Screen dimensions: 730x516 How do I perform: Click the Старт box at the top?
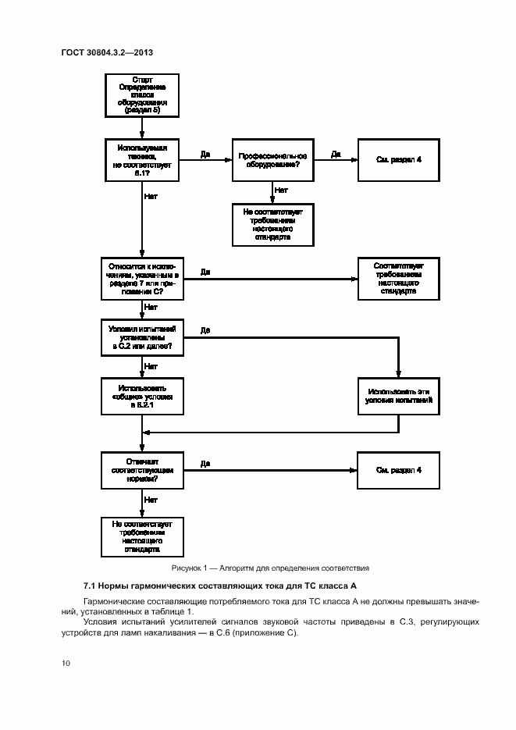(141, 96)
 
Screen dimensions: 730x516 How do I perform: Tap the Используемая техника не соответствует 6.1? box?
(141, 161)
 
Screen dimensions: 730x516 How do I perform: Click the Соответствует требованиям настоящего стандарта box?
(398, 279)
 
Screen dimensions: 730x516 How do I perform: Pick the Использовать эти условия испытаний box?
(398, 396)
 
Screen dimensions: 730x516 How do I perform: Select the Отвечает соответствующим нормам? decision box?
(141, 471)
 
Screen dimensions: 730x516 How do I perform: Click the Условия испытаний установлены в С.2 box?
(141, 338)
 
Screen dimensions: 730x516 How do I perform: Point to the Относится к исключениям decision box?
(141, 279)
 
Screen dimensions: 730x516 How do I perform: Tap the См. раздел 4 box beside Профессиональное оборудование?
(398, 160)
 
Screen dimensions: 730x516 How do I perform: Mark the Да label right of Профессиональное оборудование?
(336, 154)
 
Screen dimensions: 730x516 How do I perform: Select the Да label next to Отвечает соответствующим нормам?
(205, 464)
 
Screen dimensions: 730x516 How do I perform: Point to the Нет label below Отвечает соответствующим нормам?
(151, 500)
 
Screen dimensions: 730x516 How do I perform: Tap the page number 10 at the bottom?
(66, 663)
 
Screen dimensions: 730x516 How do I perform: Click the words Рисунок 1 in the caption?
(190, 568)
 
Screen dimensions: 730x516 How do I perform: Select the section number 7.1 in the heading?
(89, 586)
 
